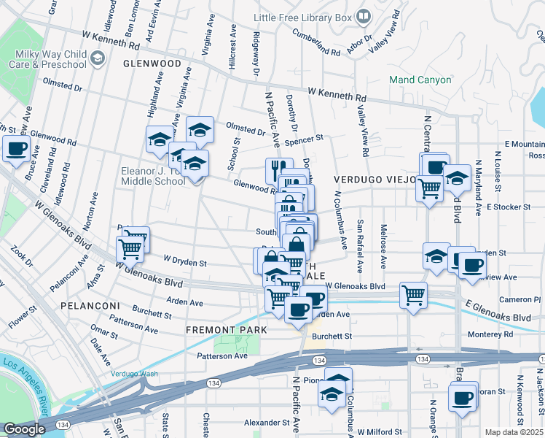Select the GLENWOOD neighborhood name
tap(152, 64)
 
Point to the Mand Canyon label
tap(420, 80)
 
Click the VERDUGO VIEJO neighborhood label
tap(375, 179)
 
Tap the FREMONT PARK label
tap(225, 330)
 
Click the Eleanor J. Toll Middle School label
tap(152, 176)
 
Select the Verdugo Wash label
tap(134, 374)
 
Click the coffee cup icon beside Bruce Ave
tap(16, 150)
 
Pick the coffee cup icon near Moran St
tap(462, 398)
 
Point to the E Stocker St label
tap(509, 207)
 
